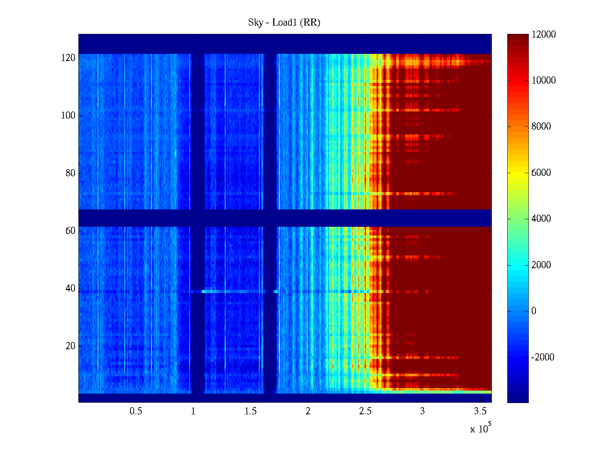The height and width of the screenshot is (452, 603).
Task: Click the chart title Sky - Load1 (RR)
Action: tap(284, 23)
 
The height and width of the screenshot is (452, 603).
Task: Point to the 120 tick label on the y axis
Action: tap(68, 58)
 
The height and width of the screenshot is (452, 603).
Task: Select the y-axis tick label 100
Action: tap(68, 116)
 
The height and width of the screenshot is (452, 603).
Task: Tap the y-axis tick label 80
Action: tap(70, 173)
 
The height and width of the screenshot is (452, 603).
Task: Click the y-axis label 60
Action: tap(70, 231)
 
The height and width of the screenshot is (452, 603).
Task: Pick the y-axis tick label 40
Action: tap(70, 289)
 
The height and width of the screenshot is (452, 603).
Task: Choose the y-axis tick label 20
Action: tap(70, 346)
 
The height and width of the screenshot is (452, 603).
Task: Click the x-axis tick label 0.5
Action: tap(136, 411)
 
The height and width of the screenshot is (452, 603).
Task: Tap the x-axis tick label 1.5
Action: tap(251, 411)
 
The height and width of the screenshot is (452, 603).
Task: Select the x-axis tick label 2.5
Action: tap(365, 411)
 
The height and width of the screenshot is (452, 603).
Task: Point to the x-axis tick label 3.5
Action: tap(480, 411)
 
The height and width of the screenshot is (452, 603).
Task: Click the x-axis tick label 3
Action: tap(422, 411)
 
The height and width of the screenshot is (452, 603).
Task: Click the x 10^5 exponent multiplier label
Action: tap(481, 429)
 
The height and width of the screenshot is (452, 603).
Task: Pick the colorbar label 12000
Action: tap(543, 35)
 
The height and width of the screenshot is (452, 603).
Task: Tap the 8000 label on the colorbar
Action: tap(541, 127)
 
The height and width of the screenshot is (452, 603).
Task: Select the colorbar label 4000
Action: tap(541, 219)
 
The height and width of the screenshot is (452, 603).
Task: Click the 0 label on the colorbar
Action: tap(534, 311)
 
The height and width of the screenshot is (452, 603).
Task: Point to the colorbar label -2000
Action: tap(543, 357)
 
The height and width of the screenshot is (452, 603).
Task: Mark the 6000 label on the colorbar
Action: tap(541, 173)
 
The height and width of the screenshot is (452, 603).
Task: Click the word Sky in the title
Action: tap(255, 23)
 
